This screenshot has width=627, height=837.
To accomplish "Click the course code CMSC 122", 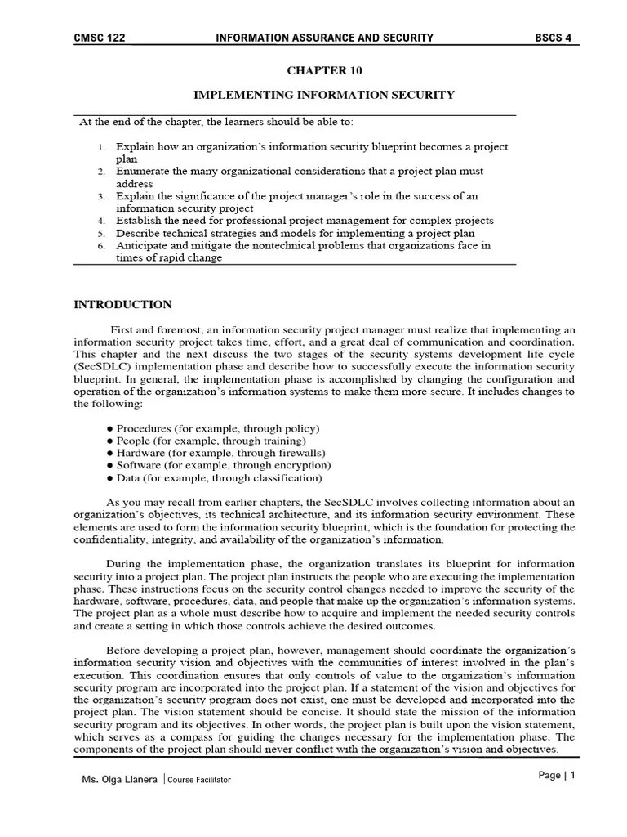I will click(99, 38).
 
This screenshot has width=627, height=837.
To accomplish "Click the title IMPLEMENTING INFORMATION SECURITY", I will click(324, 96).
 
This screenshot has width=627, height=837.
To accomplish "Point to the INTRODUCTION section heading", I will click(122, 305).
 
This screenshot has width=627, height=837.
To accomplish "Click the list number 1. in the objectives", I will click(101, 147).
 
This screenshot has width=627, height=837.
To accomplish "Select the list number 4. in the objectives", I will click(101, 221).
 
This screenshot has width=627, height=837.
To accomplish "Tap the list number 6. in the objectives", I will click(101, 245).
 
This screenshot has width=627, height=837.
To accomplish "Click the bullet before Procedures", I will click(110, 428).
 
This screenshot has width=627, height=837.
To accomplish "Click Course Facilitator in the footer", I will click(199, 780).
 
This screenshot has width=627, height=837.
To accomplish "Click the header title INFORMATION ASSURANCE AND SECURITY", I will click(324, 38).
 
